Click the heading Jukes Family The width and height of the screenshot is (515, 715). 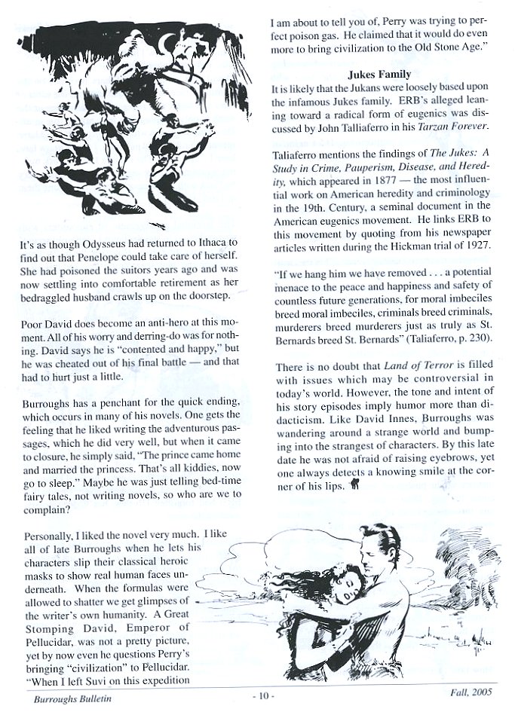[x=379, y=75]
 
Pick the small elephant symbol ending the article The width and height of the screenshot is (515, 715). [x=354, y=486]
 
